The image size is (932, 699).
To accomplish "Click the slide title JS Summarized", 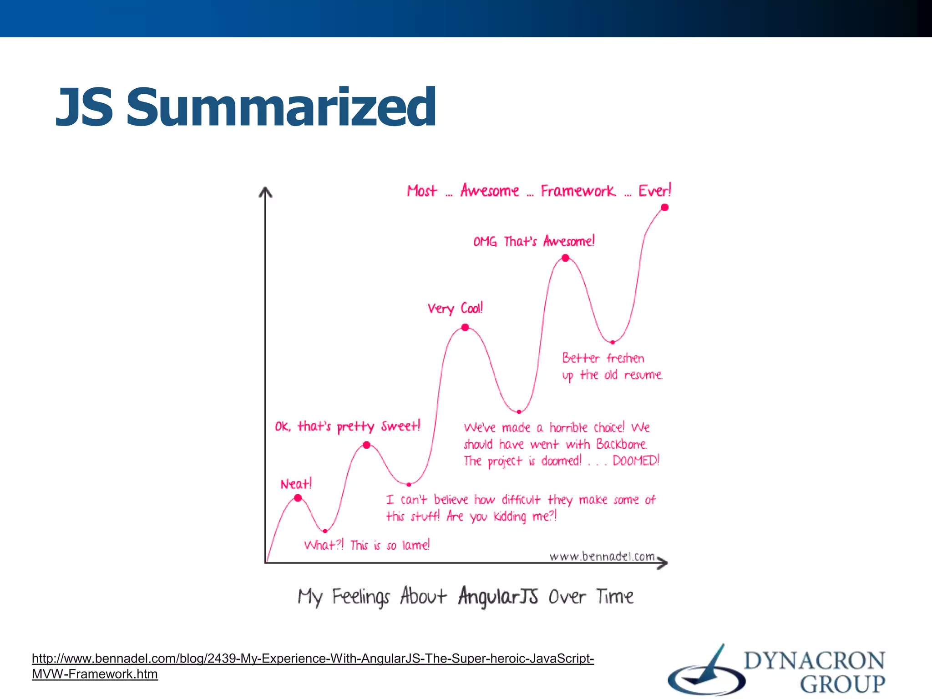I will tap(246, 107).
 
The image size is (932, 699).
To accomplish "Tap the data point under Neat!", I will tap(298, 498).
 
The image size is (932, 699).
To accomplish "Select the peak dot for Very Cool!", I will tap(465, 327).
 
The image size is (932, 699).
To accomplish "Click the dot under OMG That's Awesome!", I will tap(565, 258).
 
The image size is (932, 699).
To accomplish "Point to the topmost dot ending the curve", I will tap(665, 208).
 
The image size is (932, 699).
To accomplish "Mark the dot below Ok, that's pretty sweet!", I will tap(367, 445).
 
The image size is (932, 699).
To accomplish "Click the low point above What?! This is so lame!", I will tap(325, 531).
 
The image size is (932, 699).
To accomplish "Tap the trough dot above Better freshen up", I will tap(613, 342).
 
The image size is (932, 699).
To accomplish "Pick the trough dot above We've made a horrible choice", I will tap(519, 412).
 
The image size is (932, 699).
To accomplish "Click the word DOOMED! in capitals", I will tap(636, 461).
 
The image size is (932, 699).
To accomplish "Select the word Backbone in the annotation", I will tap(621, 444).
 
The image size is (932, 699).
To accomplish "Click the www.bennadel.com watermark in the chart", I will tap(602, 556).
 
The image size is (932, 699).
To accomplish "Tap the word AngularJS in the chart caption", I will tap(498, 596).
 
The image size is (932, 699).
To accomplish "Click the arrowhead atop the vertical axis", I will tap(265, 192).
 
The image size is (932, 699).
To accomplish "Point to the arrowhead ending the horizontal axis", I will tap(663, 563).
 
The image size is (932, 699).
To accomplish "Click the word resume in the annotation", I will tap(643, 375).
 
